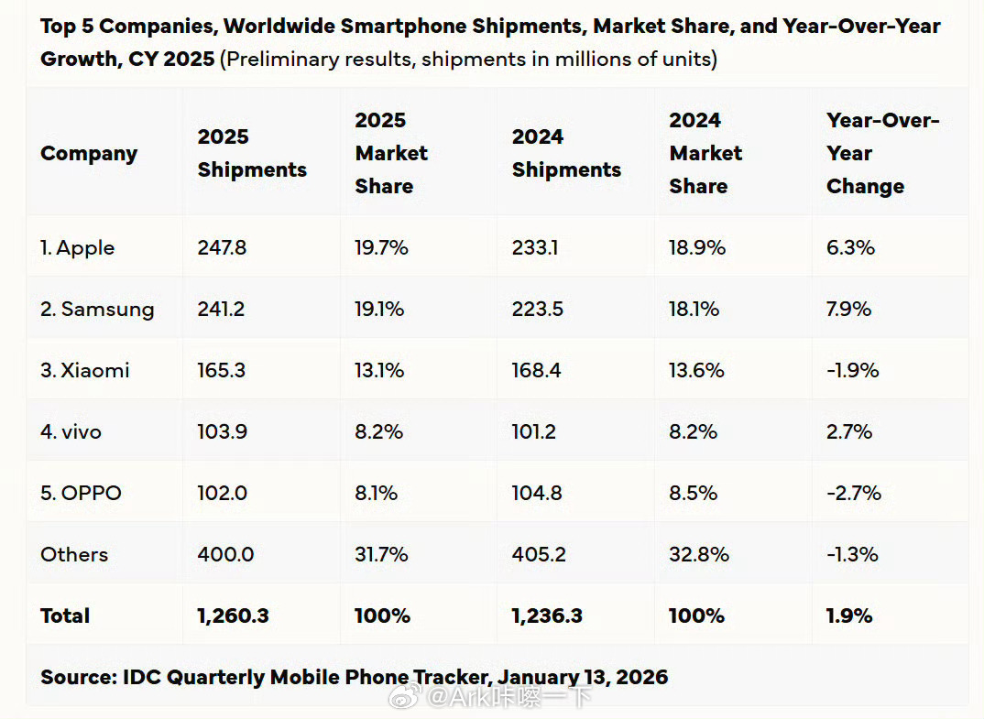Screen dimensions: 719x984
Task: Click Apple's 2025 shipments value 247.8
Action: point(222,247)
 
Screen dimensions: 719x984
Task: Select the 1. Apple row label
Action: point(77,247)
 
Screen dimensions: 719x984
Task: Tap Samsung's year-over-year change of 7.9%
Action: point(849,309)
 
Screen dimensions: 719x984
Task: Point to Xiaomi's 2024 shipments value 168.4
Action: point(537,370)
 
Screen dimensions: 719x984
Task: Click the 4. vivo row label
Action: point(71,431)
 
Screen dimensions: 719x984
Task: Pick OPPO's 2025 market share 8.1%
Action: point(376,493)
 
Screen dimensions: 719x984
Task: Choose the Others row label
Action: point(74,554)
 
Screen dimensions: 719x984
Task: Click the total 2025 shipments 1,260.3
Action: point(233,616)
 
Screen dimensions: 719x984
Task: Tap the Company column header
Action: point(89,153)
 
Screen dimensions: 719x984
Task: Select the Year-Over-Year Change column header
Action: point(882,153)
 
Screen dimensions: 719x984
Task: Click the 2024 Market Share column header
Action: point(705,153)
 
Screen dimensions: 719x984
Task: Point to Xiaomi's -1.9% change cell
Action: point(852,370)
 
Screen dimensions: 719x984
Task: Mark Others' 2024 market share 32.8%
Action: point(699,554)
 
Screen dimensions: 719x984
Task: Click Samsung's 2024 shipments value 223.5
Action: point(538,309)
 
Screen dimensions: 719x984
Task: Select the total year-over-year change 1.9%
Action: point(849,616)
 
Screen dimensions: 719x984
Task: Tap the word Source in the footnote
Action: point(73,678)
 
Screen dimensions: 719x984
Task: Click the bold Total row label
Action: point(65,616)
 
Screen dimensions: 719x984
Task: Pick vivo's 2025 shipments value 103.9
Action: point(222,431)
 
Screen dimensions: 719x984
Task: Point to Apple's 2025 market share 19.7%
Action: point(379,247)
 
